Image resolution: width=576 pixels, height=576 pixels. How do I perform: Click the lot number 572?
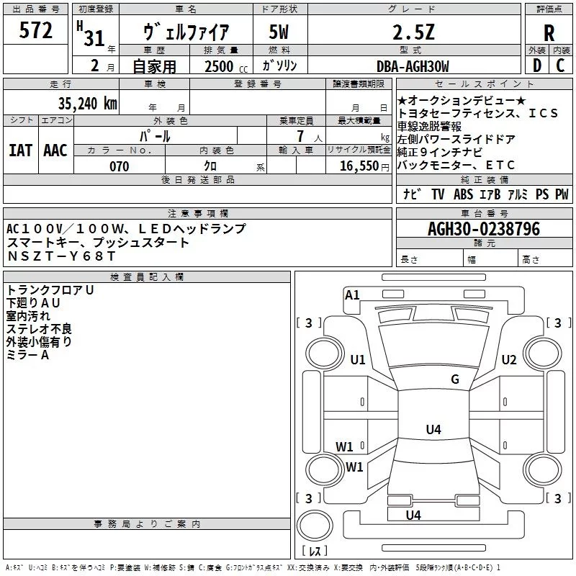(35, 30)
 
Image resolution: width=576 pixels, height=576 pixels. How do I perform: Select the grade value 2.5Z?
(413, 32)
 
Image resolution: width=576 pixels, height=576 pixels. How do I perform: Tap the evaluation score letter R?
(549, 33)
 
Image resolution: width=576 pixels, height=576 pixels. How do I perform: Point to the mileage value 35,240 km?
(87, 104)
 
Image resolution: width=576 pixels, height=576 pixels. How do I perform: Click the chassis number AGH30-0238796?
(484, 229)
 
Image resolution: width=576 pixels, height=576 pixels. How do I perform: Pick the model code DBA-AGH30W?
(413, 66)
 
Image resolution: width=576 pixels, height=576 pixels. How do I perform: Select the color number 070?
(120, 166)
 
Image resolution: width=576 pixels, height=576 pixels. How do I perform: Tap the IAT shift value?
(21, 150)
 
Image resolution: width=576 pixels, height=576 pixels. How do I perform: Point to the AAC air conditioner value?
(55, 150)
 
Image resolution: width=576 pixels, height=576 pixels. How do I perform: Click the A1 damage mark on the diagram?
(352, 295)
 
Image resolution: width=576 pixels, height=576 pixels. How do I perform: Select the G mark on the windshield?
(455, 379)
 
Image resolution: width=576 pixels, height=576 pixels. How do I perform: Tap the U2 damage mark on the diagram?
(509, 359)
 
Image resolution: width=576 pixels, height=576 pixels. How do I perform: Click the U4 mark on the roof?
(433, 429)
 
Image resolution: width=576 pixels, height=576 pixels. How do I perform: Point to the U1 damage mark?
(358, 359)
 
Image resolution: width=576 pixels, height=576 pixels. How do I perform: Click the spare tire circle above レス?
(315, 525)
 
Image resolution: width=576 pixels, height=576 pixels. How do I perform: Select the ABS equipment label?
(463, 194)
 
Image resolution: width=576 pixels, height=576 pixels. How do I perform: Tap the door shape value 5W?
(279, 32)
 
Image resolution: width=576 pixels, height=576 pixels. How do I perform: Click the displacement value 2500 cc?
(226, 66)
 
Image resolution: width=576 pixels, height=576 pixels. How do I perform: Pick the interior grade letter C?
(560, 66)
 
